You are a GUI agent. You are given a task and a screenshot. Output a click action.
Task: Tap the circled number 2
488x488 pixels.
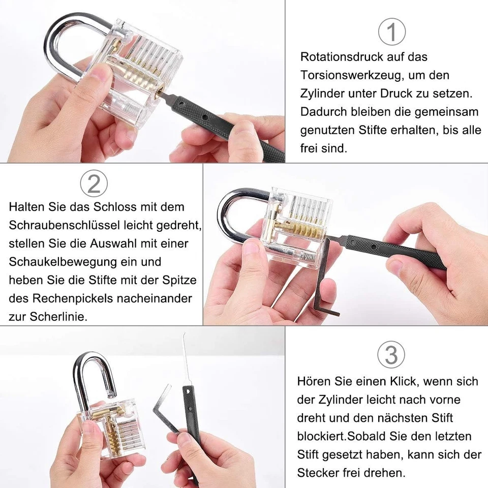[94, 184]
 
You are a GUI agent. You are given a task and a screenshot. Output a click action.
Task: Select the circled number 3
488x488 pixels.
[391, 354]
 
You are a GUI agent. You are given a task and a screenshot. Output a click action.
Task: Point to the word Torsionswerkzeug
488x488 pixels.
[349, 76]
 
